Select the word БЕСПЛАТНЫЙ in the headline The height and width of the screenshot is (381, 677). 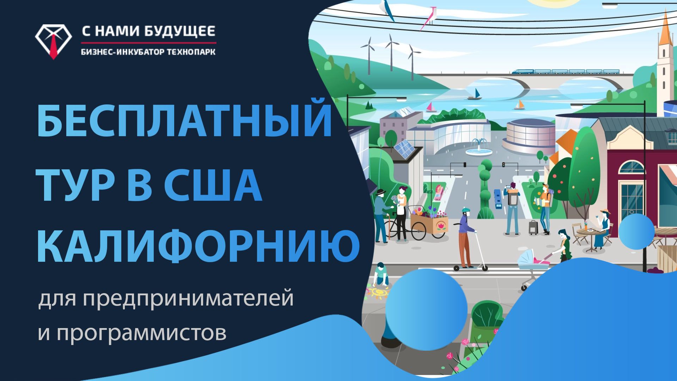pyautogui.click(x=184, y=118)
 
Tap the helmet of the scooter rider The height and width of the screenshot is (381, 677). pyautogui.click(x=466, y=211)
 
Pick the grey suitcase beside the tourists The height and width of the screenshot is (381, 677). pyautogui.click(x=533, y=228)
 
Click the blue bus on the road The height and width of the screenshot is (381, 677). pyautogui.click(x=498, y=199)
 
